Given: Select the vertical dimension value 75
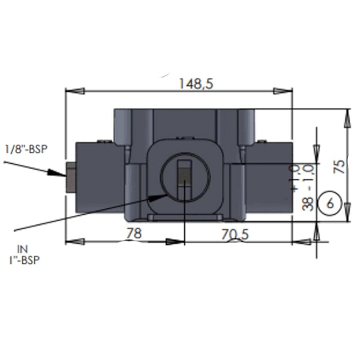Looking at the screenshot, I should pyautogui.click(x=340, y=166).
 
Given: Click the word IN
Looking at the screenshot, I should pyautogui.click(x=23, y=248).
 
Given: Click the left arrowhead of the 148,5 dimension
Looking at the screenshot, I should pyautogui.click(x=74, y=91).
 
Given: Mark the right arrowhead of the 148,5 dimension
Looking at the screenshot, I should pyautogui.click(x=283, y=91).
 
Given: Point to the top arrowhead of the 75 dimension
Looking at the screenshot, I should pyautogui.click(x=347, y=118).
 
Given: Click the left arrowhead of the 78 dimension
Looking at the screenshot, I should pyautogui.click(x=74, y=241).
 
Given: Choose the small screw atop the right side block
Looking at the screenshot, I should pyautogui.click(x=262, y=142).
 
